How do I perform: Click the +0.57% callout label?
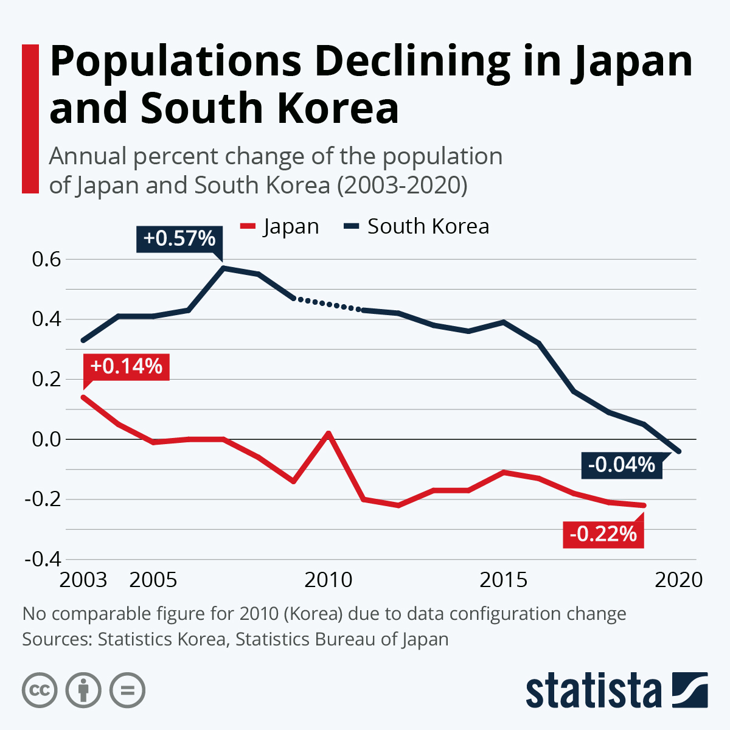(x=179, y=238)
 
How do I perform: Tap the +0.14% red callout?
(x=126, y=366)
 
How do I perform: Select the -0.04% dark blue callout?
(x=621, y=465)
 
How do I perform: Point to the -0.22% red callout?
(x=603, y=534)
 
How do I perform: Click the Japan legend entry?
(x=290, y=226)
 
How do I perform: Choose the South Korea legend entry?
(x=428, y=226)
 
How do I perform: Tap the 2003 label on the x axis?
(x=83, y=580)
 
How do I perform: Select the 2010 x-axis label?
(x=328, y=580)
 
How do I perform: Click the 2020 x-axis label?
(x=678, y=580)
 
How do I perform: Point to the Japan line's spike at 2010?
(x=328, y=433)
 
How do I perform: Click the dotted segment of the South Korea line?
(x=328, y=304)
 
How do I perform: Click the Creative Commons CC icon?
(x=40, y=690)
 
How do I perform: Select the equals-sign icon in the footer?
(x=127, y=690)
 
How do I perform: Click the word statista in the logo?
(x=593, y=690)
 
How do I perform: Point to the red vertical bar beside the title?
(x=30, y=119)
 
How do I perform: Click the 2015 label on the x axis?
(x=503, y=580)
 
